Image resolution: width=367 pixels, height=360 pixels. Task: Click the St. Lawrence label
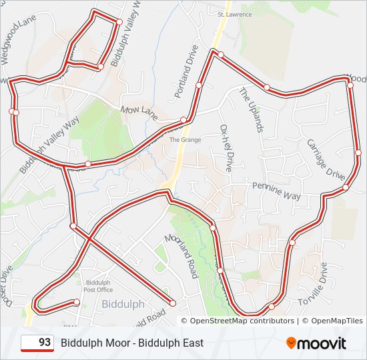(234, 14)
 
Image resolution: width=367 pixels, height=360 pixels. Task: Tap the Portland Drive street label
(187, 72)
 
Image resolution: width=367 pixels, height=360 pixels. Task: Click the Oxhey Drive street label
(228, 147)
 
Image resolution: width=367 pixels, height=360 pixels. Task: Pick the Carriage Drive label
(326, 159)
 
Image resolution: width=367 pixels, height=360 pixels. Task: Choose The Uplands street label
(252, 109)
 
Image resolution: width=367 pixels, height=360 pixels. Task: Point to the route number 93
(45, 343)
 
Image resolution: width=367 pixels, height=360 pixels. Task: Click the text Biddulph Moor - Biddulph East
(132, 343)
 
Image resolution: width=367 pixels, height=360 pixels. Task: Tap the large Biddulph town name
(123, 304)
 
